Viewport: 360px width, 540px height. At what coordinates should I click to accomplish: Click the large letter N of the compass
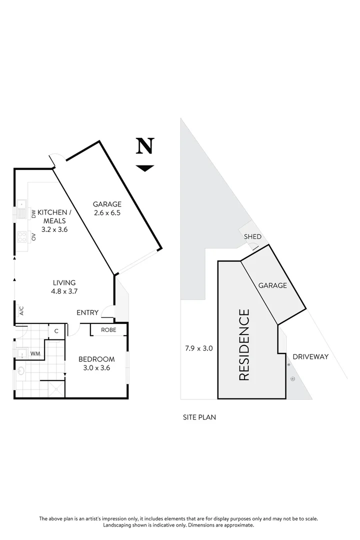[x=144, y=146]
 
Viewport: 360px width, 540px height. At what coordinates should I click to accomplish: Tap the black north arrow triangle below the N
[x=145, y=168]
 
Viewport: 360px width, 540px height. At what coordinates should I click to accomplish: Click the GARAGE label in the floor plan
[x=107, y=204]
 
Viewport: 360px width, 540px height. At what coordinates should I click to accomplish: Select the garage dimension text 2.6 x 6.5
[x=107, y=212]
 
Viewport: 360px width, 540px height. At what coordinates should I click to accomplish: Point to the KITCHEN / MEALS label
[x=55, y=216]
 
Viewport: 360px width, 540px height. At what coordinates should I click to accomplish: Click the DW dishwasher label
[x=34, y=215]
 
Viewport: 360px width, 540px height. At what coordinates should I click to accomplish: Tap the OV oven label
[x=34, y=237]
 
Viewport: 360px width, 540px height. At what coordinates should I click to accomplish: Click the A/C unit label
[x=21, y=310]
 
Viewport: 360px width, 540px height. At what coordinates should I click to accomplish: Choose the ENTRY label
[x=87, y=313]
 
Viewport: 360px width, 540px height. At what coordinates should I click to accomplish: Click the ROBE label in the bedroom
[x=108, y=330]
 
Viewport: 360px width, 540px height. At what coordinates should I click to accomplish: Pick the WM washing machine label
[x=35, y=354]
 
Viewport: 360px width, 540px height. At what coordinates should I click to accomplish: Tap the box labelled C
[x=56, y=331]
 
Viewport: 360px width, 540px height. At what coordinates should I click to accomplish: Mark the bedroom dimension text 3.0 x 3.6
[x=96, y=367]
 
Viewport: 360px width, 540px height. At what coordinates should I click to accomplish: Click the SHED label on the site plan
[x=252, y=237]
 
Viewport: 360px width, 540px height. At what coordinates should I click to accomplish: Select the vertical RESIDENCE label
[x=244, y=345]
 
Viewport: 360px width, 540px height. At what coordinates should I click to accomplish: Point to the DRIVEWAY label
[x=310, y=357]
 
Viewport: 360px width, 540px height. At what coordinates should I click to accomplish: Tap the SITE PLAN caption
[x=199, y=417]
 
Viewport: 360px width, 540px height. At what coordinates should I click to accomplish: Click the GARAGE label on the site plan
[x=272, y=285]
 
